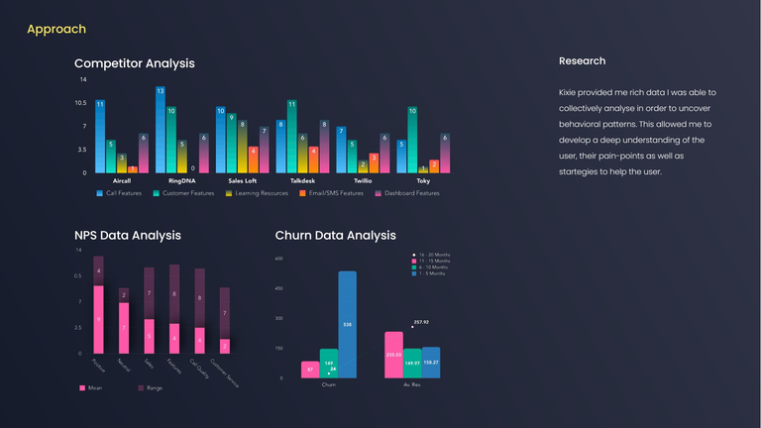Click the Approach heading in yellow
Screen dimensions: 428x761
click(56, 30)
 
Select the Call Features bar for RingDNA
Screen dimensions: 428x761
click(160, 130)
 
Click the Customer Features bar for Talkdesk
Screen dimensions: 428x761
click(292, 137)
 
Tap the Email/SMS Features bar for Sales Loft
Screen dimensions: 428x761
click(254, 160)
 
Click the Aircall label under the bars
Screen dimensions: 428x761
click(122, 181)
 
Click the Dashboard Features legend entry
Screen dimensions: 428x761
click(407, 193)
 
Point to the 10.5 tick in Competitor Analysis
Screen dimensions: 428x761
click(81, 103)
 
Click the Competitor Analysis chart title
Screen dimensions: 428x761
click(134, 63)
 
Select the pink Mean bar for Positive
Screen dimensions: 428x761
click(98, 319)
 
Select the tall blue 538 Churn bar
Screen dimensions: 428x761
click(347, 324)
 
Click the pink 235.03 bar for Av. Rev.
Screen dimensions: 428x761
click(393, 354)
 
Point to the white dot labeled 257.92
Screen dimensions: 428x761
click(413, 327)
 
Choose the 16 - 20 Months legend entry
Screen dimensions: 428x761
click(432, 255)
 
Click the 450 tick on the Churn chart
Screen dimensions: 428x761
click(278, 288)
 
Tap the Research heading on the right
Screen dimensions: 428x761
click(582, 61)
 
